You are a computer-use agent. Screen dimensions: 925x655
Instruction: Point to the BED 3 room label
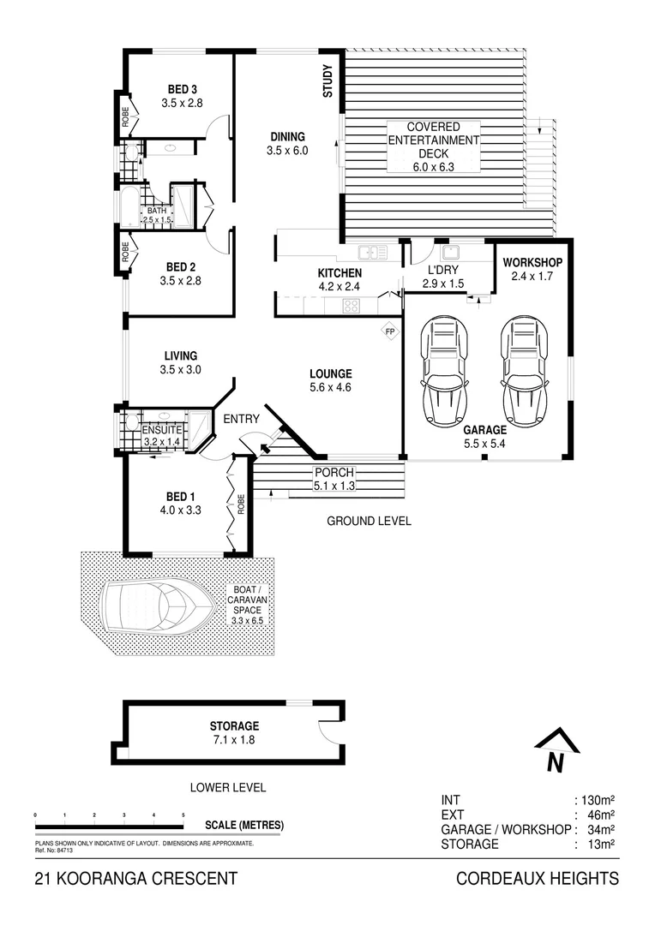183,89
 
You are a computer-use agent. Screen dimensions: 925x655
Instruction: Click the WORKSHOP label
532,262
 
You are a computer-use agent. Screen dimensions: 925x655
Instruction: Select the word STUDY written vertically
327,82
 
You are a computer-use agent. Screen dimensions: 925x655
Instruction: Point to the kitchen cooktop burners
351,305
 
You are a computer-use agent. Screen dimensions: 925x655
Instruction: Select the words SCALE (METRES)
244,826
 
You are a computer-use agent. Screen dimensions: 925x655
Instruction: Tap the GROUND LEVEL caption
369,521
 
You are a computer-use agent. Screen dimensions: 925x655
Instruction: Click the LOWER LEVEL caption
228,787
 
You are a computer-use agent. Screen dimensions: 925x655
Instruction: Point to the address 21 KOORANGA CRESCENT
135,878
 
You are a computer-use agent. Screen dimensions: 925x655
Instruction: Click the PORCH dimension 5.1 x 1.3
334,486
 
